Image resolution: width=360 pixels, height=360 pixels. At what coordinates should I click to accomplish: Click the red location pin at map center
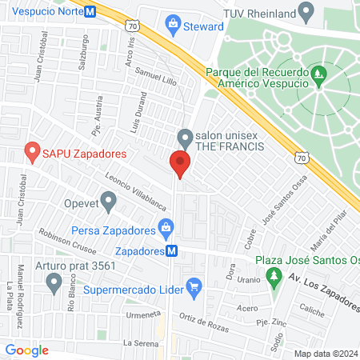(x=180, y=165)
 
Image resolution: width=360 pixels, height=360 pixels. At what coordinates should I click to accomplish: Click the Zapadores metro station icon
(x=171, y=250)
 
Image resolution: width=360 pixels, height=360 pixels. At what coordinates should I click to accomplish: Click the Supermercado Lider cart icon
(x=192, y=285)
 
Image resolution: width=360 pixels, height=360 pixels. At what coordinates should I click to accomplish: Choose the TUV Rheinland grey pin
(x=306, y=11)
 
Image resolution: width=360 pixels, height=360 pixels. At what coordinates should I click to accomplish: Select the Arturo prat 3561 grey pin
(x=54, y=282)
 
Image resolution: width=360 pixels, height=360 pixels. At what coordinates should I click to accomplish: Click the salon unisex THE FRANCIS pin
(x=185, y=138)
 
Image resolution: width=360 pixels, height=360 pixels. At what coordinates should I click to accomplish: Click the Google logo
(x=26, y=350)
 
